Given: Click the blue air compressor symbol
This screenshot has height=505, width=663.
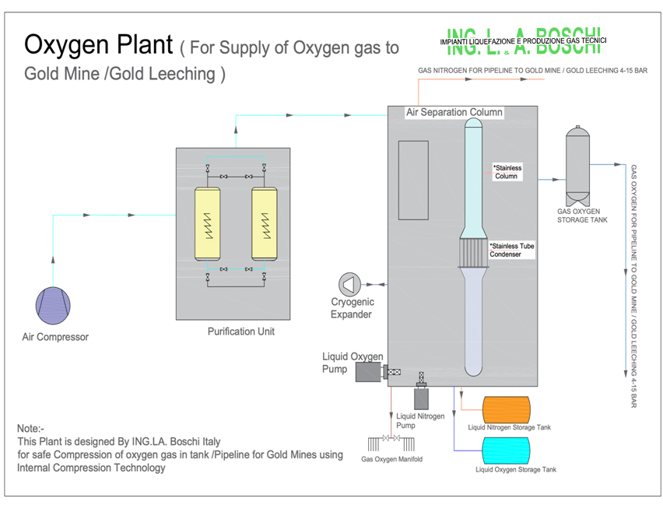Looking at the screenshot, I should click(54, 304).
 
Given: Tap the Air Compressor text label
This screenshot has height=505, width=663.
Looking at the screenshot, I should click(55, 337).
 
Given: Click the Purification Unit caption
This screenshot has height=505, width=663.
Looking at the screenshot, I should click(241, 331).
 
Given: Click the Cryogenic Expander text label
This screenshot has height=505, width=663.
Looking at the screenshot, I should click(353, 308).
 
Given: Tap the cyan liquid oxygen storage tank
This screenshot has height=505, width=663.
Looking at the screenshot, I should click(507, 451).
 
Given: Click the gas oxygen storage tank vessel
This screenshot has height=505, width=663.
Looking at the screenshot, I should click(577, 165).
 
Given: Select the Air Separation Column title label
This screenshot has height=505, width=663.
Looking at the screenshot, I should click(454, 113).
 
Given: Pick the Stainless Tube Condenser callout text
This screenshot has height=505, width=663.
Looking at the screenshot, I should click(511, 250).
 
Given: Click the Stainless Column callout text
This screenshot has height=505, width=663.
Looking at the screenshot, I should click(507, 172).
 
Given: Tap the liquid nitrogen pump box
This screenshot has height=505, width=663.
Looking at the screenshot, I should click(422, 398).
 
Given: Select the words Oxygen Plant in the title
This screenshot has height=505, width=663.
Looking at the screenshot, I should click(98, 45).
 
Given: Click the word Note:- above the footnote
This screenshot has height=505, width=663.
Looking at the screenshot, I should click(31, 428).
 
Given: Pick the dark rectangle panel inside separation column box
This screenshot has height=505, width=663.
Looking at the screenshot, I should click(413, 179).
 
